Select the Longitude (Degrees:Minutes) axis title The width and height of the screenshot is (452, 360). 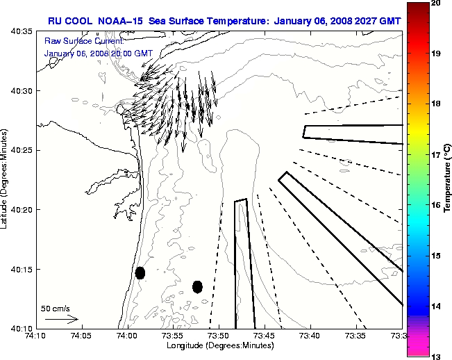(x=219, y=345)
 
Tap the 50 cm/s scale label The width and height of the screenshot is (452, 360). (x=56, y=309)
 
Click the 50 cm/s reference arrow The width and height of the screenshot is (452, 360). (x=61, y=320)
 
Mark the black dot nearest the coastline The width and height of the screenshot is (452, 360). (x=140, y=272)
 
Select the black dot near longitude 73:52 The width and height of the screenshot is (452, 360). (x=197, y=286)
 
